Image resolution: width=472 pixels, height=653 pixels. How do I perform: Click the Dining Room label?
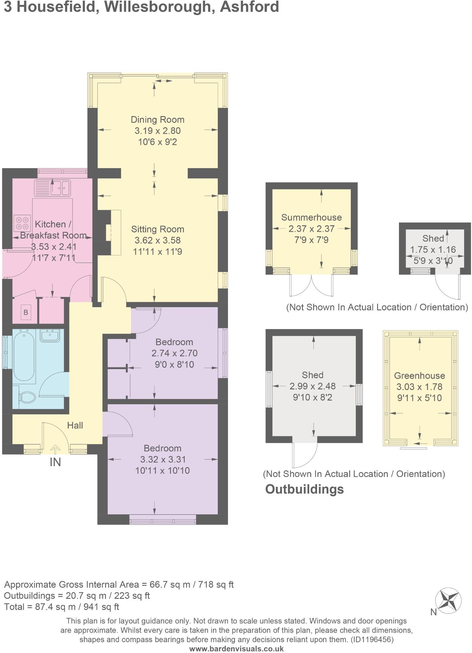pos(158,120)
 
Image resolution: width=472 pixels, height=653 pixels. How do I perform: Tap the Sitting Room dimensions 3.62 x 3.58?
pos(158,240)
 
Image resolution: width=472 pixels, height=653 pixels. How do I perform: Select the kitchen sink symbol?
pos(52,188)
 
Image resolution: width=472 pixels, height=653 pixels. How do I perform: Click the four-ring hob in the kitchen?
pos(22,223)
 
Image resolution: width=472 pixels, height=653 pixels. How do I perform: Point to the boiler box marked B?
pos(26,312)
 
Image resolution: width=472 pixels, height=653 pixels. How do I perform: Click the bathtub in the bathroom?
pos(24,356)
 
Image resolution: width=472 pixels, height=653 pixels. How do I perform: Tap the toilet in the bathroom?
pos(27,398)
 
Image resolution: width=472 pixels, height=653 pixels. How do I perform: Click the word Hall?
pos(75,425)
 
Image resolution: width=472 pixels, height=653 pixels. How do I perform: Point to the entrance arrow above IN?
pos(55,449)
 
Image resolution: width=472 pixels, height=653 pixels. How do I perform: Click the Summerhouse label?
pos(312,217)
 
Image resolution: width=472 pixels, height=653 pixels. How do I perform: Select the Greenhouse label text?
pos(419,376)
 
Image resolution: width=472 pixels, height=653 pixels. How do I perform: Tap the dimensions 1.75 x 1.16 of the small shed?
pos(433,249)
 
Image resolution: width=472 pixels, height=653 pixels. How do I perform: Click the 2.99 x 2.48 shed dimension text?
pos(312,386)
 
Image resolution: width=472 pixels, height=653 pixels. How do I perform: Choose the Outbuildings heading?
pos(304,489)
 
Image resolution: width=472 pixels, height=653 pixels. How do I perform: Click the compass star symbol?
pos(448,601)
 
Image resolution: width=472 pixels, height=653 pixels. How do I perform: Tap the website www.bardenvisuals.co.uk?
pos(236,648)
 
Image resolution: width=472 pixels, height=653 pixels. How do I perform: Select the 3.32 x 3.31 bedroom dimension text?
pos(162,459)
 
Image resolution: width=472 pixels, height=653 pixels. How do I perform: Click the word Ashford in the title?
pos(249,7)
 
